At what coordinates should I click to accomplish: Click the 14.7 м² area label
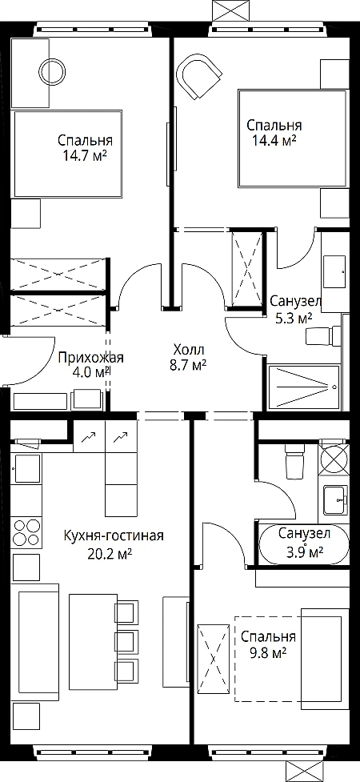tap(85, 157)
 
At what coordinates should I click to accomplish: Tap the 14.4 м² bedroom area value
tap(274, 141)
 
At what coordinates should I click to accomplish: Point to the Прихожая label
tap(90, 358)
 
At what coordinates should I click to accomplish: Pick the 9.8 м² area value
tap(268, 652)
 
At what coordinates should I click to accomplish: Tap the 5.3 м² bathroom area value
tap(294, 319)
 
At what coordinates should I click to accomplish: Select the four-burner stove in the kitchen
tap(26, 532)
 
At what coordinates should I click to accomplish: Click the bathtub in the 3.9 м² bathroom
tap(304, 544)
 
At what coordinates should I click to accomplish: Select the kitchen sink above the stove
tap(27, 468)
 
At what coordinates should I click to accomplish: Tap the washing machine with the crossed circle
tap(333, 459)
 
